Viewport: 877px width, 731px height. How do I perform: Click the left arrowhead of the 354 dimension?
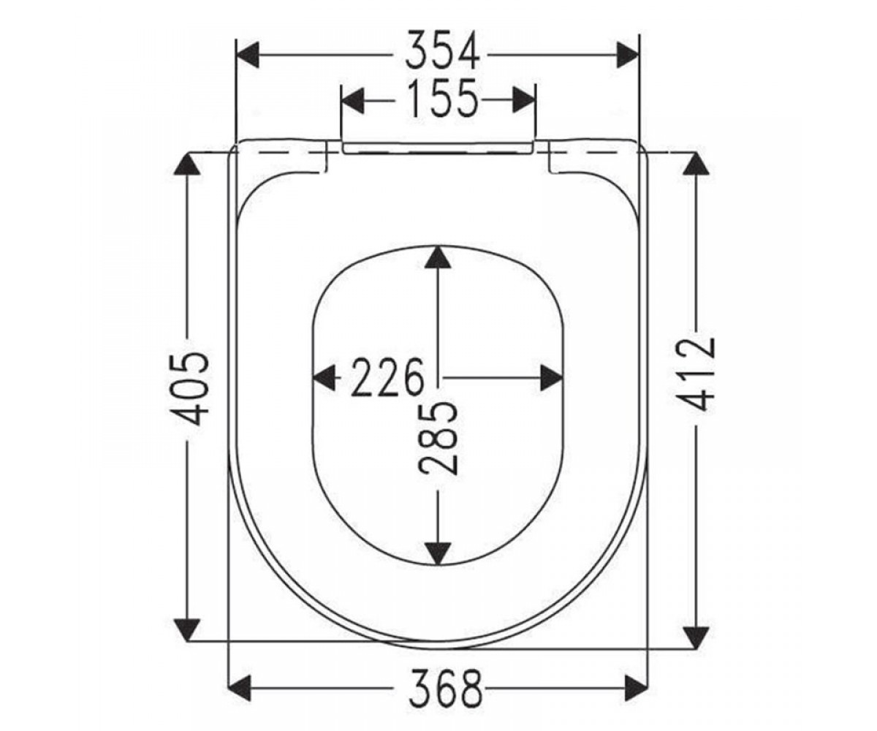click(248, 55)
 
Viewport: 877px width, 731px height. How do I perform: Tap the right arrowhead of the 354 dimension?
click(627, 55)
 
